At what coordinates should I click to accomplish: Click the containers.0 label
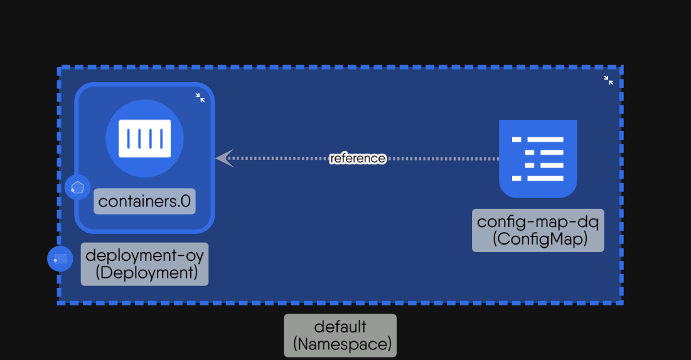(144, 201)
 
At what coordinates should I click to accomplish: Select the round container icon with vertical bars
(144, 138)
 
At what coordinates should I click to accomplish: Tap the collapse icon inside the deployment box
(200, 97)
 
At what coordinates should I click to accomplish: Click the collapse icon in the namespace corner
(608, 80)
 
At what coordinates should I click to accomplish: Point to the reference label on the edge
(358, 158)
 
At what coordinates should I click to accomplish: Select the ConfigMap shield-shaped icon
(538, 158)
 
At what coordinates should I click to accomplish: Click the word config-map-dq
(538, 222)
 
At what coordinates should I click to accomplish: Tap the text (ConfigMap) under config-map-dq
(538, 239)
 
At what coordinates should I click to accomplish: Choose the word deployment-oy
(144, 256)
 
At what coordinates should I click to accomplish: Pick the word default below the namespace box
(340, 327)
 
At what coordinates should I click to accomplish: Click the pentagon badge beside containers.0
(77, 187)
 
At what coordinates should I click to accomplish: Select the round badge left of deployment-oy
(60, 258)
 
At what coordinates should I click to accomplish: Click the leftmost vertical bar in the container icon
(128, 138)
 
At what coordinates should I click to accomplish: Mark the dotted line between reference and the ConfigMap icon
(439, 158)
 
